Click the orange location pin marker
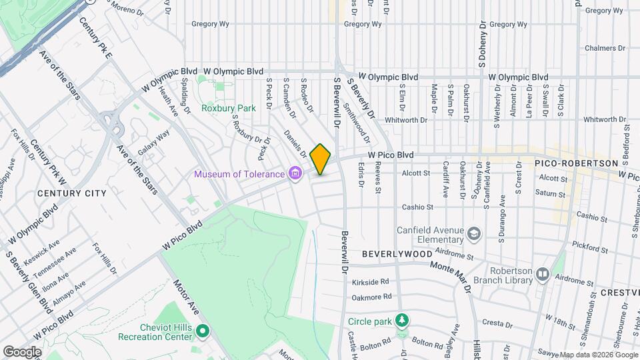click(321, 159)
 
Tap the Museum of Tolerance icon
click(295, 175)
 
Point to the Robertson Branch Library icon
click(543, 274)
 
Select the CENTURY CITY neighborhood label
click(71, 193)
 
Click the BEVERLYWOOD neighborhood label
click(397, 255)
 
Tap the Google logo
click(22, 351)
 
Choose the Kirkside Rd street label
click(370, 282)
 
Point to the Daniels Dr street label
click(295, 143)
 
